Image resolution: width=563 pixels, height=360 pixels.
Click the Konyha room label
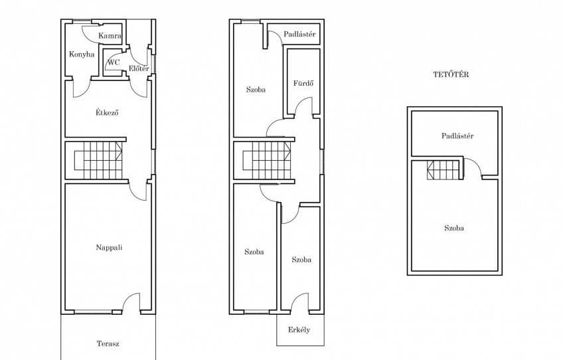tap(82, 54)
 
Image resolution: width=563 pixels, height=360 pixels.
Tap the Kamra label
tap(110, 36)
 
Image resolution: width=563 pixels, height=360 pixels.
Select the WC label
tap(114, 62)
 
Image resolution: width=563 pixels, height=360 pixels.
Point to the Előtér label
tap(139, 68)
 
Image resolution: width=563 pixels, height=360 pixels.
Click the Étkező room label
tap(107, 112)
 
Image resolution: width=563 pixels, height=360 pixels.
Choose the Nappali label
tap(109, 247)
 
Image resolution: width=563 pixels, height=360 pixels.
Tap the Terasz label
tap(108, 343)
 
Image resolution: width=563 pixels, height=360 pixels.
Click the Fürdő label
tap(303, 83)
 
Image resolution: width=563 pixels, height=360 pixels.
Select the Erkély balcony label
tap(299, 330)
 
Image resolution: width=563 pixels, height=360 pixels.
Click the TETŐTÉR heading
tap(451, 74)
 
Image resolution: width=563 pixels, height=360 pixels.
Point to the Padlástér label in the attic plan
tap(457, 135)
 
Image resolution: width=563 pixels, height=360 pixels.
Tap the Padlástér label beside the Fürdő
tap(299, 34)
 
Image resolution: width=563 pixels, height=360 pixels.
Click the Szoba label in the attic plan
tap(454, 228)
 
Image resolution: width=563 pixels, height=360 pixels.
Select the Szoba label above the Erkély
tap(301, 260)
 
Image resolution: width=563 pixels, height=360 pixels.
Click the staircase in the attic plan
tap(443, 169)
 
